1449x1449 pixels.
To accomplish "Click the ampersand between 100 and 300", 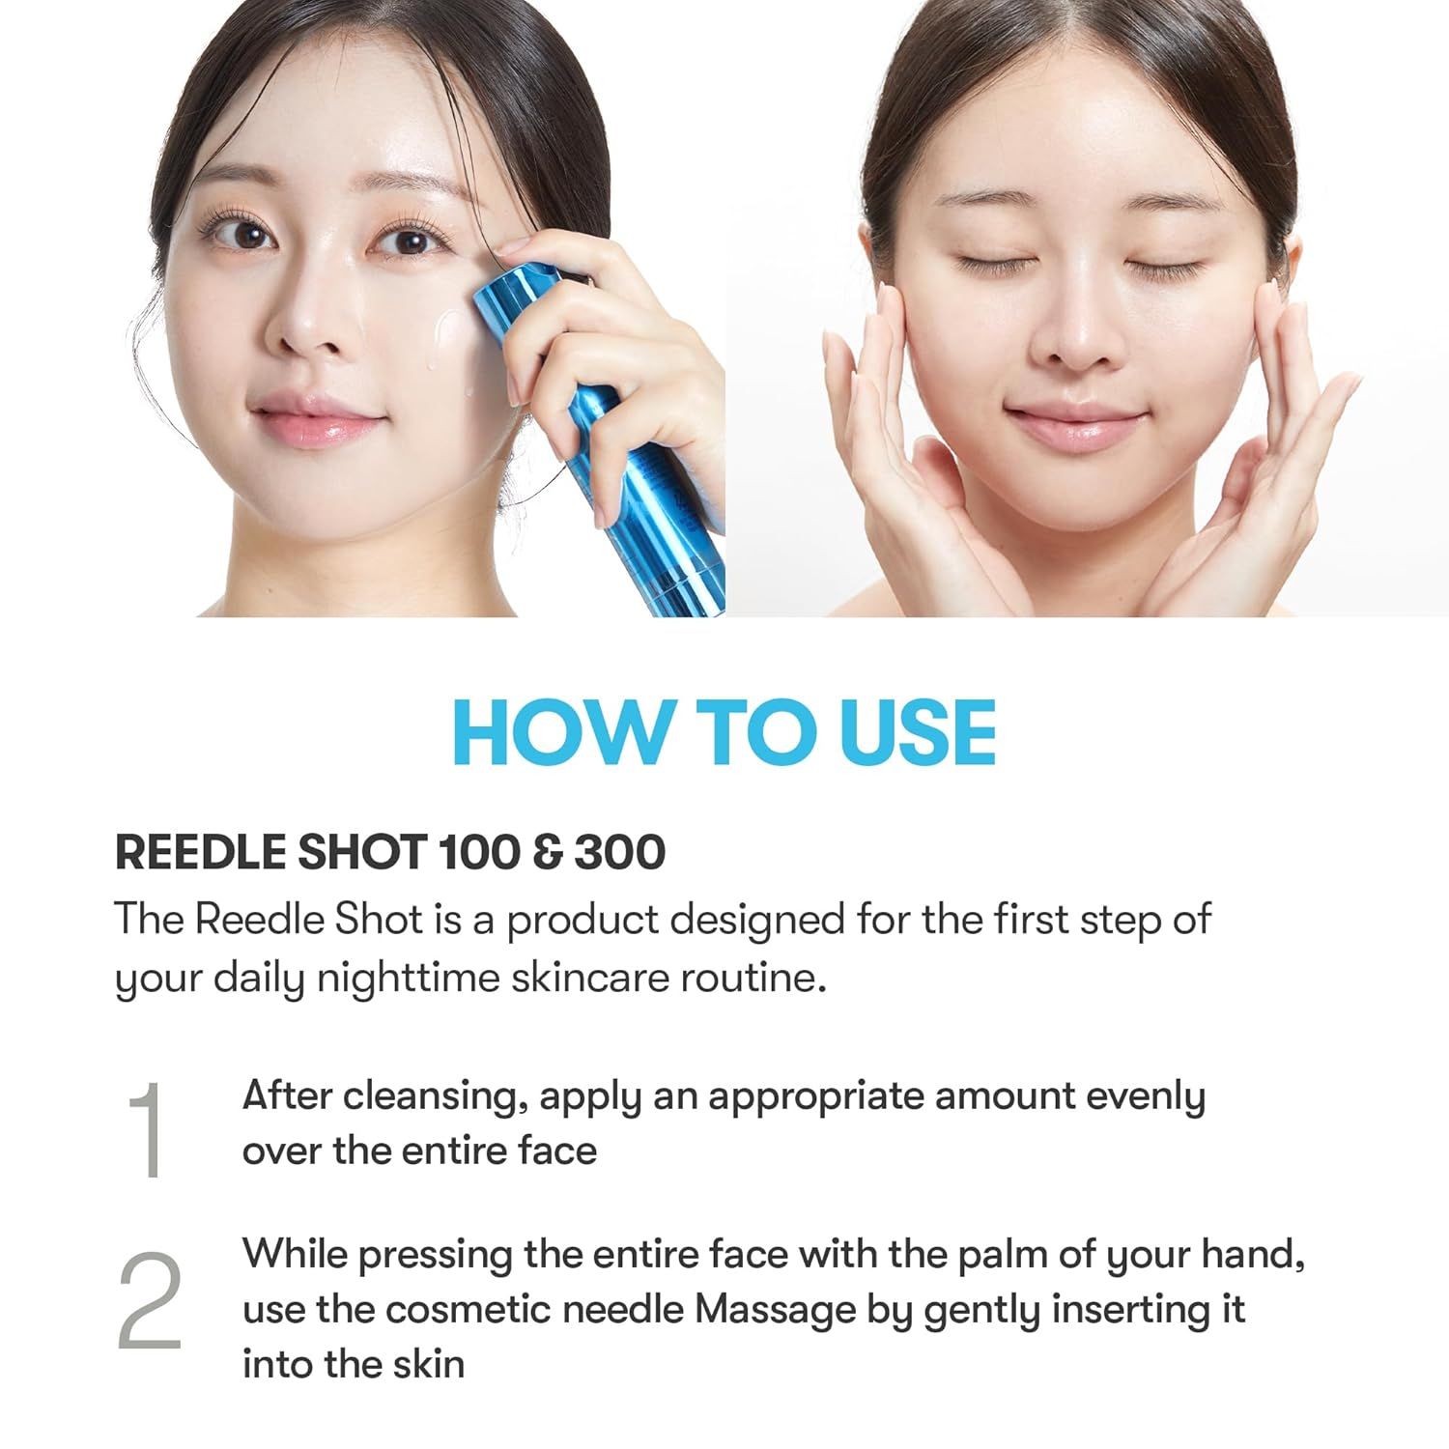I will coord(547,852).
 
